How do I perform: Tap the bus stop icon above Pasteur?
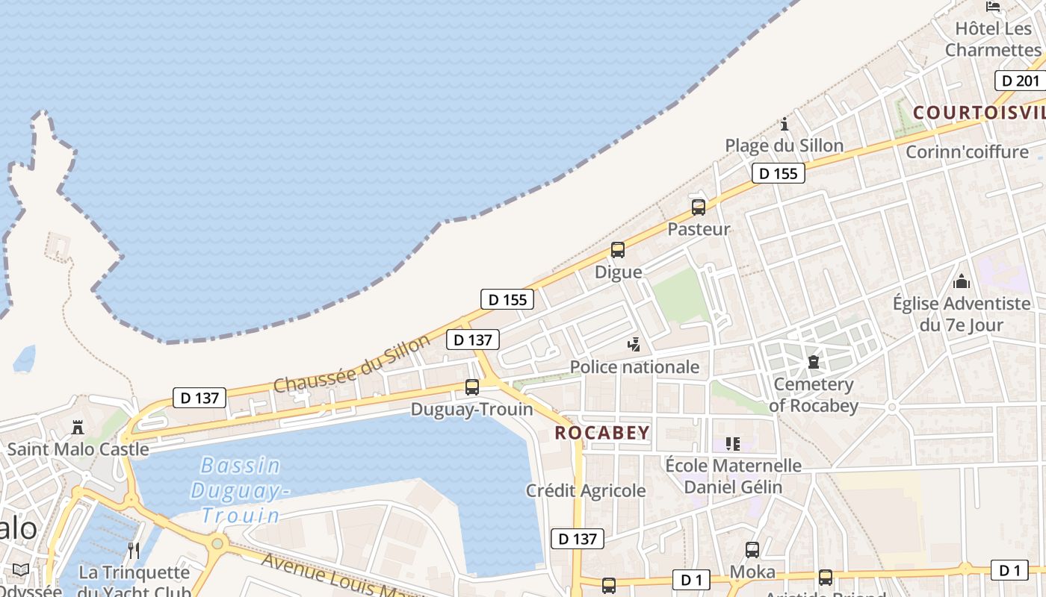click(x=698, y=207)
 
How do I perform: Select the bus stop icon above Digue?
click(x=618, y=250)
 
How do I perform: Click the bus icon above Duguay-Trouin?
click(x=472, y=387)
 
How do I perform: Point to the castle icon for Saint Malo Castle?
click(x=78, y=428)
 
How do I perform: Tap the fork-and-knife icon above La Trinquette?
click(x=134, y=551)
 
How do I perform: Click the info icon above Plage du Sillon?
click(x=784, y=124)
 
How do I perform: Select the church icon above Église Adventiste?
click(x=962, y=281)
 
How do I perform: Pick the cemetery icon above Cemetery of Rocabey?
click(x=813, y=362)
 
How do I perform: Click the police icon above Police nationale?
click(x=634, y=344)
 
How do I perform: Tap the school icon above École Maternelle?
click(x=733, y=444)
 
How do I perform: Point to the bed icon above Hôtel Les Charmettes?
click(x=993, y=7)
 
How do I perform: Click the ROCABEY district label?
click(x=602, y=433)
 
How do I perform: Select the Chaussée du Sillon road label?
click(x=352, y=363)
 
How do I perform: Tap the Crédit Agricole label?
click(x=586, y=490)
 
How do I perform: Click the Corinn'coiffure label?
click(x=967, y=152)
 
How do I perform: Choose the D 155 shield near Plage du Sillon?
click(x=778, y=174)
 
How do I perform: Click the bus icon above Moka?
click(x=752, y=550)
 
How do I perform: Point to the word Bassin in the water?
click(x=241, y=466)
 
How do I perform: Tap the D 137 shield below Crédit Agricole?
click(x=577, y=539)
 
